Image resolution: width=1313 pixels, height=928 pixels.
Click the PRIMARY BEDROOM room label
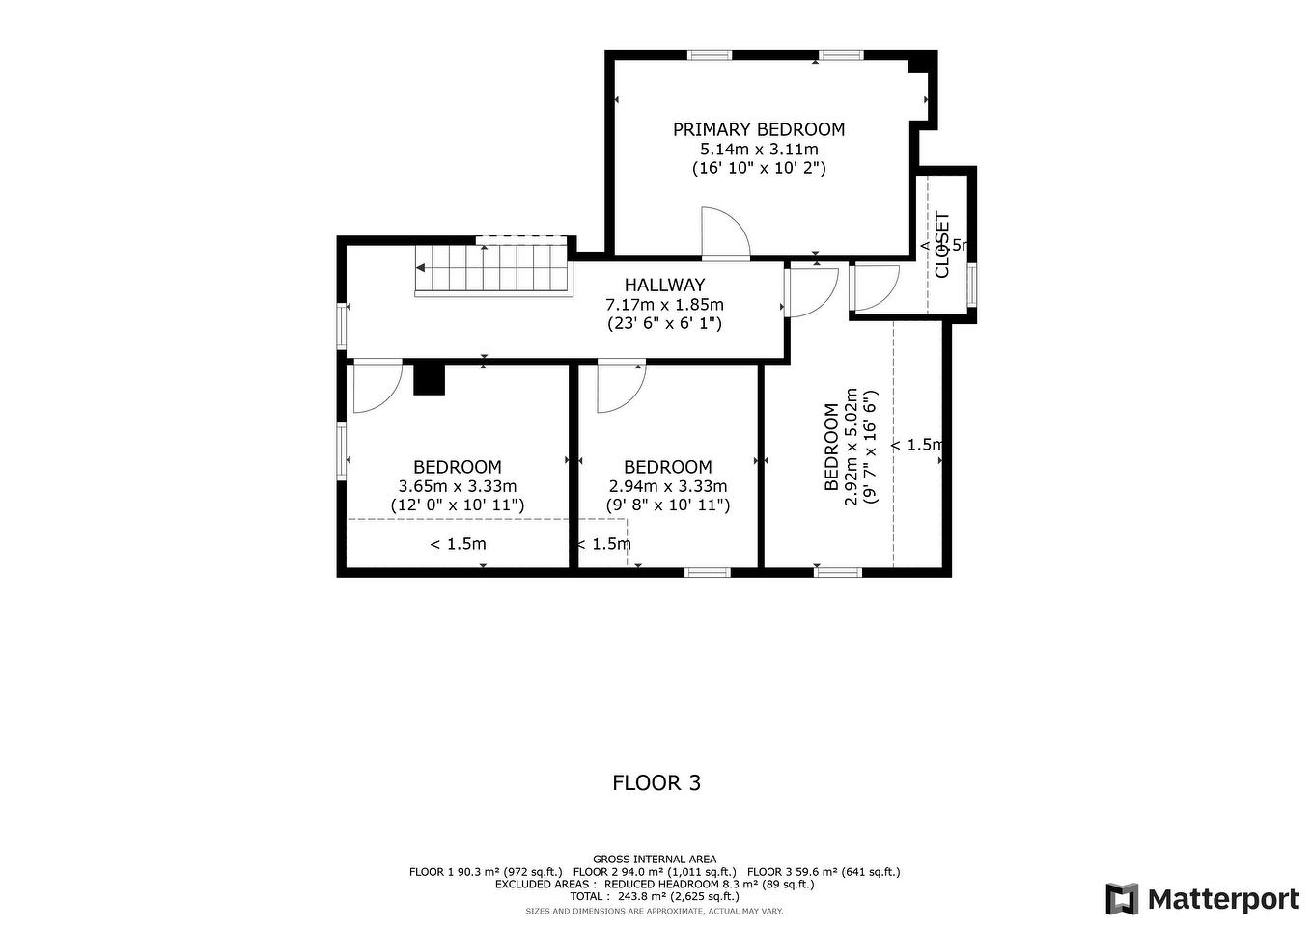point(758,129)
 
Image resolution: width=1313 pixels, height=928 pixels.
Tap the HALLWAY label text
point(664,285)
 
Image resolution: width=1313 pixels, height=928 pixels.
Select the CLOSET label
point(942,245)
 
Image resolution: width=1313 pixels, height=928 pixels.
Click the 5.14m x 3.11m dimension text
point(758,149)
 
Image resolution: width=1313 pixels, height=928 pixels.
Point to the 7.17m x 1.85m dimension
point(664,304)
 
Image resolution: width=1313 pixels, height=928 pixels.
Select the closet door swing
point(876,287)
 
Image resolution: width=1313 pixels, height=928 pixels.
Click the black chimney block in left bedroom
point(429,378)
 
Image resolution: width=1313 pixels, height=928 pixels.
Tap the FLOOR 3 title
point(656,782)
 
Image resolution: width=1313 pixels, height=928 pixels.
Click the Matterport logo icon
point(1122,899)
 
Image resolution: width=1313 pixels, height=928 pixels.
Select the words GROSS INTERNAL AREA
point(655,859)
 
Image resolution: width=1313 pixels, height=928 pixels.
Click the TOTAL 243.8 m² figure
point(655,896)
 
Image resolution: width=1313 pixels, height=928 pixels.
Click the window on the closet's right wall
point(972,284)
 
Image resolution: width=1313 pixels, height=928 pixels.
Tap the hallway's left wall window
point(342,326)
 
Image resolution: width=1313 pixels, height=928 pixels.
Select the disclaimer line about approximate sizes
point(655,911)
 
